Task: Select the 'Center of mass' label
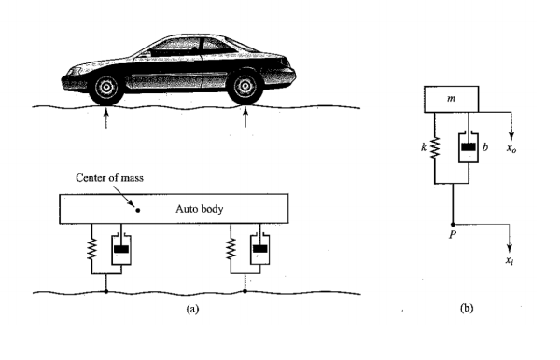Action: pyautogui.click(x=112, y=177)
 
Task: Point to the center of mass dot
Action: pyautogui.click(x=138, y=210)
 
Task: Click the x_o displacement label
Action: pyautogui.click(x=510, y=149)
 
